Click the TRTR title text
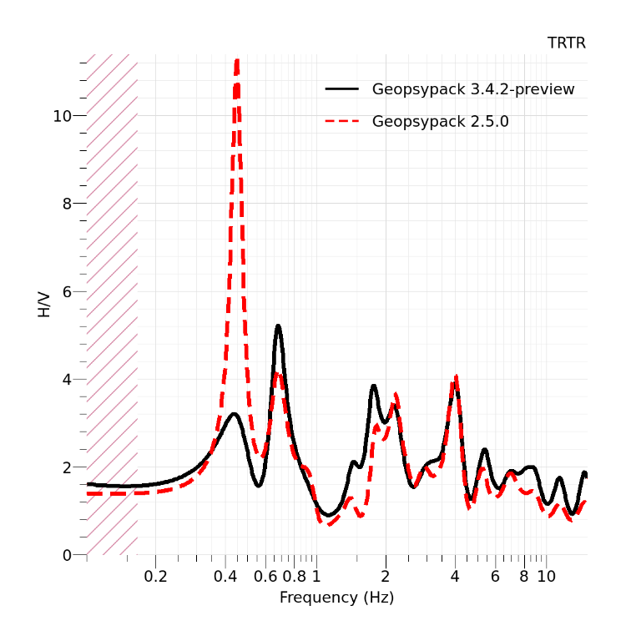coord(566,43)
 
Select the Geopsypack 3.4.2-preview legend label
coord(472,89)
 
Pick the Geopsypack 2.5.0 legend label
coord(440,122)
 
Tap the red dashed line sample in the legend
coord(341,122)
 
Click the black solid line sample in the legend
coord(341,89)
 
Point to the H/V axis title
coord(44,305)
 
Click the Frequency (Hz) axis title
coord(336,598)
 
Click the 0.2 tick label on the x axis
coord(155,576)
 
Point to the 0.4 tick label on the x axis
coord(225,576)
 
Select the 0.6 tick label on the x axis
coord(265,576)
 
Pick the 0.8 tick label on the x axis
coord(295,576)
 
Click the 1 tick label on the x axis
coord(316,576)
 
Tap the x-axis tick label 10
coord(546,576)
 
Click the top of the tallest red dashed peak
coord(237,60)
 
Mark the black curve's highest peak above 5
coord(278,326)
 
